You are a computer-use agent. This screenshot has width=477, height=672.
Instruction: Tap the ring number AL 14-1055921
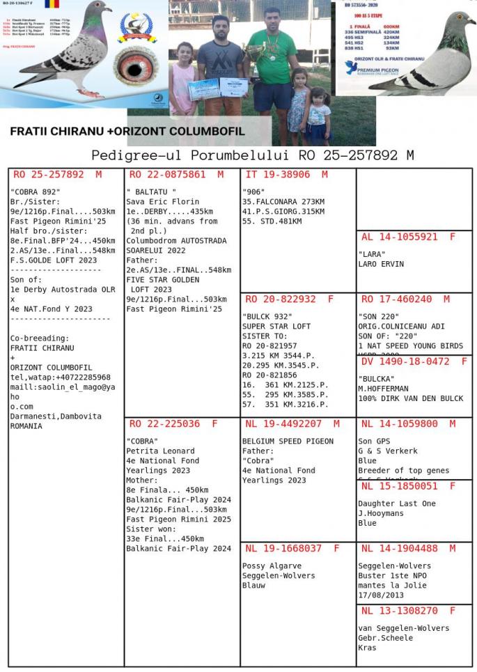(x=400, y=237)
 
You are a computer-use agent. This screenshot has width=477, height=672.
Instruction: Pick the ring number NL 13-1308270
(x=400, y=611)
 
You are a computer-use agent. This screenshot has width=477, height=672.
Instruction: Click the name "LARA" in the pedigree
(x=372, y=254)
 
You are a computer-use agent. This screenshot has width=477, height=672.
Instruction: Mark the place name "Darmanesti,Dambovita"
(x=56, y=416)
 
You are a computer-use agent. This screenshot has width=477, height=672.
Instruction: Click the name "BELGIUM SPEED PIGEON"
(x=288, y=441)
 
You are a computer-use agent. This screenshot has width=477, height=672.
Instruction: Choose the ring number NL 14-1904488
(x=400, y=549)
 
